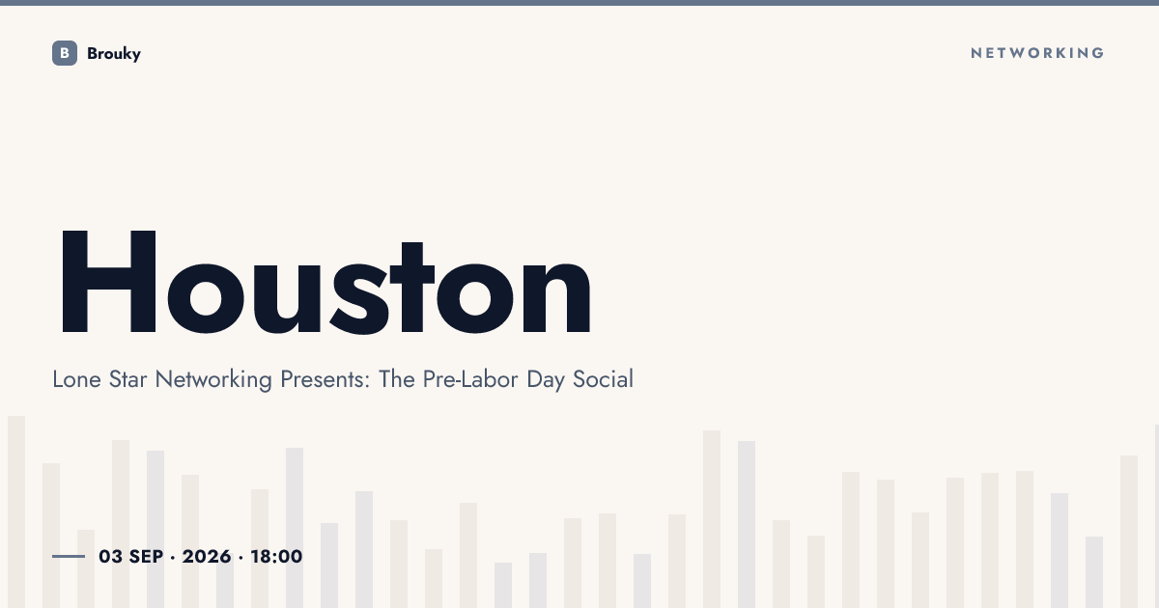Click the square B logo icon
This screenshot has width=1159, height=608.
click(x=65, y=53)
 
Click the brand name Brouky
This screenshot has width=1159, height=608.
click(x=114, y=54)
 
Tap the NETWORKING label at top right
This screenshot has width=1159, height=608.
click(x=1037, y=53)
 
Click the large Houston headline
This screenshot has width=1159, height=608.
click(x=325, y=282)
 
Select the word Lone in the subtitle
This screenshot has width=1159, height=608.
click(x=76, y=379)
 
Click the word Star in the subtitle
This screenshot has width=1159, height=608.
click(x=127, y=379)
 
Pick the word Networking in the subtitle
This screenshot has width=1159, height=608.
click(x=213, y=380)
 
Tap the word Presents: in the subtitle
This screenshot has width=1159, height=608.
click(x=325, y=379)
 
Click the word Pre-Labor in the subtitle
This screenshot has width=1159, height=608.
click(x=470, y=379)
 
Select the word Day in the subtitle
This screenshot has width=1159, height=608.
click(x=546, y=380)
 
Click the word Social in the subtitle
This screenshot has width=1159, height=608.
click(x=603, y=379)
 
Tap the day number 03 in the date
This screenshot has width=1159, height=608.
click(x=111, y=557)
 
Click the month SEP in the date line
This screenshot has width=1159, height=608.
click(x=147, y=557)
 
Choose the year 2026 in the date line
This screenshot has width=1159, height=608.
click(x=207, y=557)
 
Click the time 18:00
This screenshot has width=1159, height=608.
click(x=276, y=557)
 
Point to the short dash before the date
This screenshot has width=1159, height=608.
click(x=69, y=556)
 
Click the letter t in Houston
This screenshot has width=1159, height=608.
click(x=411, y=288)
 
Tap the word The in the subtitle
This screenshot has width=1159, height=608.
click(x=397, y=379)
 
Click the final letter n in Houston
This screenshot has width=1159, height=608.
click(x=556, y=298)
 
